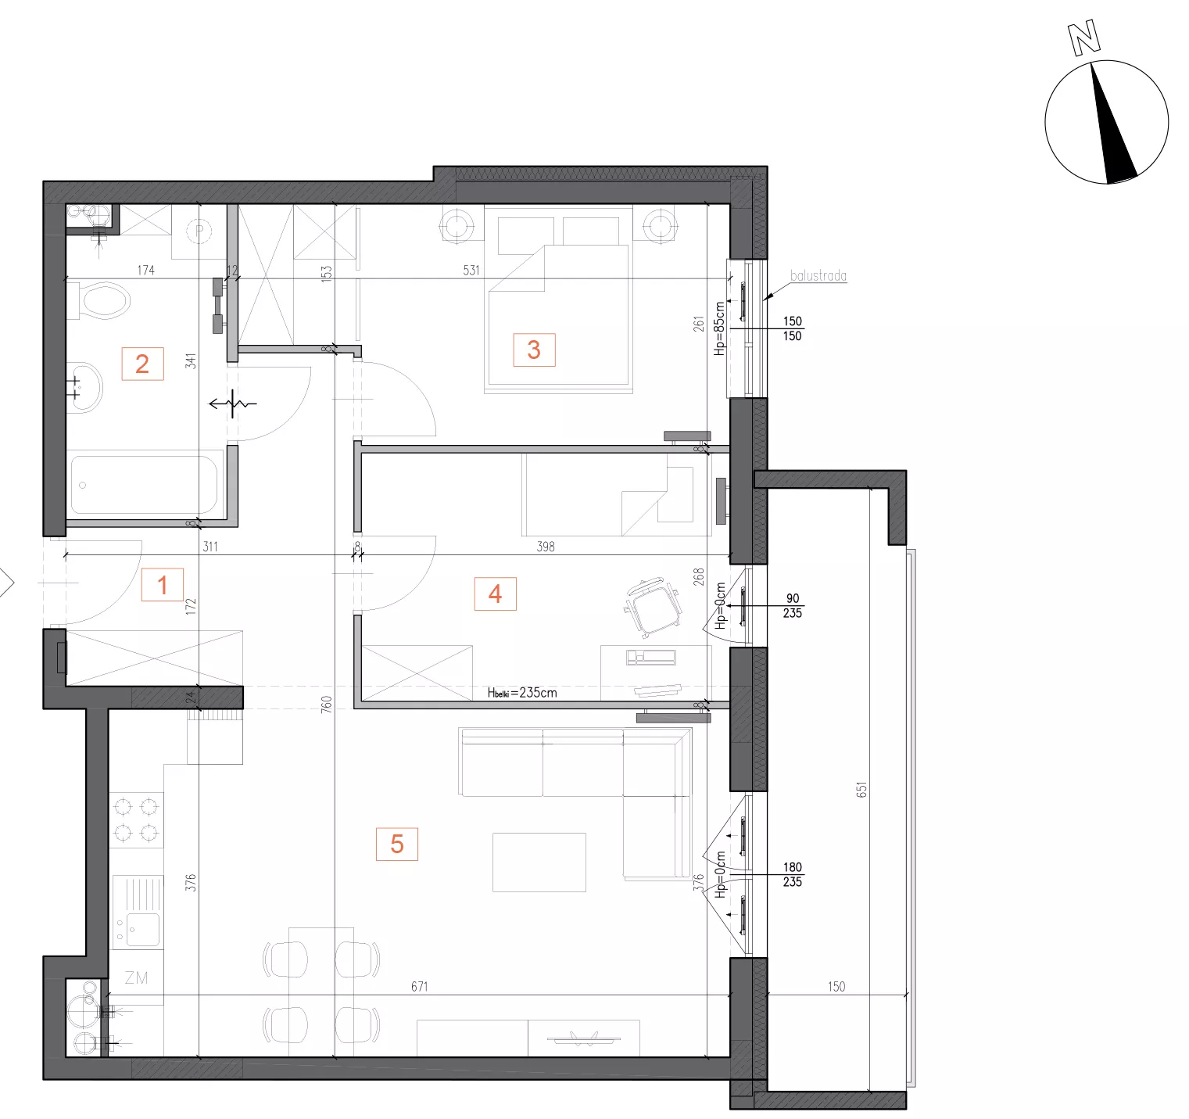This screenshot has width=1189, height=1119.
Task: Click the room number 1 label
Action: click(163, 585)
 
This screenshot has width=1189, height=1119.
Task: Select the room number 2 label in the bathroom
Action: click(142, 364)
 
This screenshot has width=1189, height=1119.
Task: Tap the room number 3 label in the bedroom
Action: click(534, 350)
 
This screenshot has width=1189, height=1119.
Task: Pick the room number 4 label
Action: click(495, 594)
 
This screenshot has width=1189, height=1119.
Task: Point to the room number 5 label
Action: click(397, 844)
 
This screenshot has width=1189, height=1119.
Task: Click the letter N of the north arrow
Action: click(1084, 38)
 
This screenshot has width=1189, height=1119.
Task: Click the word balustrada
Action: click(818, 275)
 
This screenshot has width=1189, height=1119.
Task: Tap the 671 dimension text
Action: click(420, 986)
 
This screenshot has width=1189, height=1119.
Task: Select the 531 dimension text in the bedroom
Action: click(471, 270)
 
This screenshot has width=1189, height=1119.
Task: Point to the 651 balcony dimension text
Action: click(861, 790)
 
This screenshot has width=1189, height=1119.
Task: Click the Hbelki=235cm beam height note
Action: click(522, 692)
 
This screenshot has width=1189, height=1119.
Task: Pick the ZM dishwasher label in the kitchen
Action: click(136, 977)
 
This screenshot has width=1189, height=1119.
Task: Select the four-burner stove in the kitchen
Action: click(137, 820)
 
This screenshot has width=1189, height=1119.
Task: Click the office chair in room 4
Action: click(653, 607)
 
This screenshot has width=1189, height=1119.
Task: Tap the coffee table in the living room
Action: click(539, 863)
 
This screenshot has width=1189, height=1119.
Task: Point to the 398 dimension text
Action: click(546, 547)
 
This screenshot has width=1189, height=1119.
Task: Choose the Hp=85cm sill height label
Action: click(719, 328)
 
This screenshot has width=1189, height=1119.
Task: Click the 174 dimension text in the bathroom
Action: click(145, 270)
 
